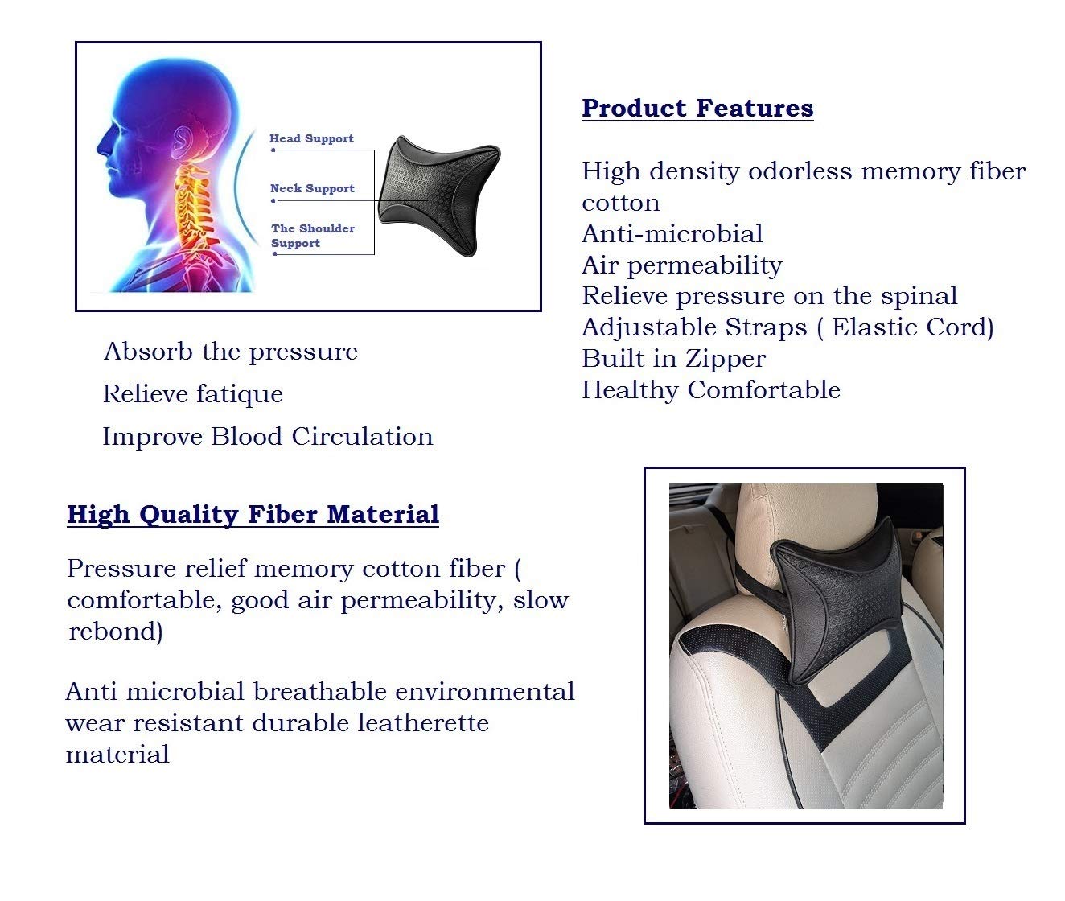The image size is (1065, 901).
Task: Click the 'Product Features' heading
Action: (697, 109)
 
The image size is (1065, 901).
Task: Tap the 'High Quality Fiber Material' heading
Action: (253, 514)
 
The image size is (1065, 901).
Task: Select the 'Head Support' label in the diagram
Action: (312, 138)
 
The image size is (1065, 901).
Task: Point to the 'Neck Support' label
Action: (312, 188)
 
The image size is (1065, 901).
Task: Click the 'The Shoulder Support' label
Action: (313, 236)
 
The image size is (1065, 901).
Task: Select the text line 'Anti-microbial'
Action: (672, 234)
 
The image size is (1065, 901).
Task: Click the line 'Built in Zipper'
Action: (674, 360)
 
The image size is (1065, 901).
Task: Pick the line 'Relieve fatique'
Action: (193, 395)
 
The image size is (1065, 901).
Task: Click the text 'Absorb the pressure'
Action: (230, 352)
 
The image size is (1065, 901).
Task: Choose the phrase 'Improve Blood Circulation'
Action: (267, 437)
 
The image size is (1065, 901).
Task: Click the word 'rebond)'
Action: (115, 632)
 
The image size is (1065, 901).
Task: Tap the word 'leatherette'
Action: (423, 722)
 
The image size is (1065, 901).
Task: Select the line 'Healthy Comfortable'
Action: (711, 390)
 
